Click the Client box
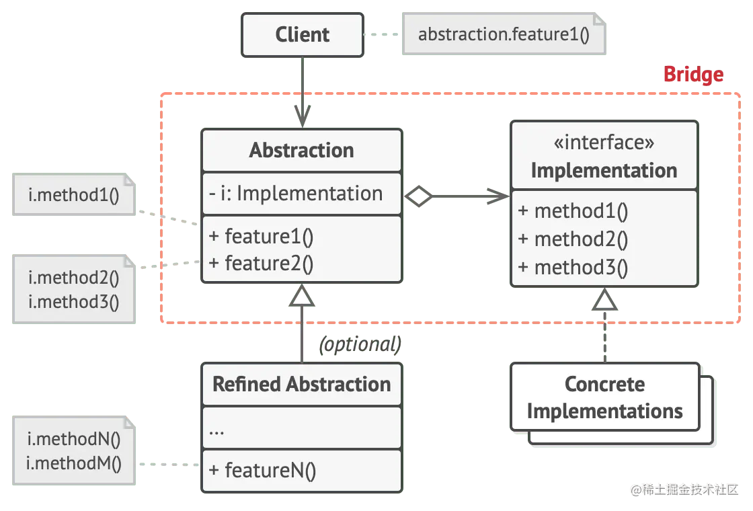(303, 35)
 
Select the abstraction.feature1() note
(503, 34)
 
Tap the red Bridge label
(693, 75)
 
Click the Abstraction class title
(301, 150)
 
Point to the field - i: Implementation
(296, 194)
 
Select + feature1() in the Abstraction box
(262, 237)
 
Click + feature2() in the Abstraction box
(262, 264)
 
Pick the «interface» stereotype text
(604, 143)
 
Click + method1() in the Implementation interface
(573, 211)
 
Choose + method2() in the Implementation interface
(573, 239)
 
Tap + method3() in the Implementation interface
(573, 268)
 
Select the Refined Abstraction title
(301, 385)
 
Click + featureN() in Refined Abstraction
(262, 471)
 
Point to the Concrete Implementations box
(604, 397)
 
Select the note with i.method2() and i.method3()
(74, 289)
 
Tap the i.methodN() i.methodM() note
(74, 451)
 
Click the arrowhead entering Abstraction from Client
(303, 114)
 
